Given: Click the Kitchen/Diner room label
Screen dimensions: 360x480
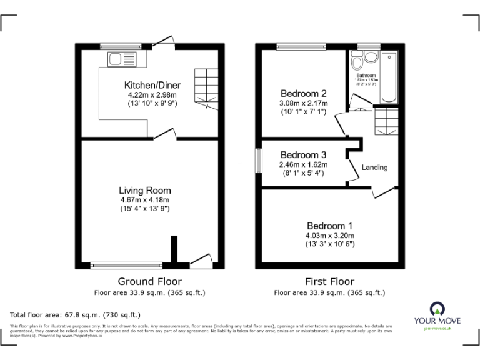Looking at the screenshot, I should point(152,84).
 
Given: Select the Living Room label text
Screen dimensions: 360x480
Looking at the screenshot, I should point(145,191).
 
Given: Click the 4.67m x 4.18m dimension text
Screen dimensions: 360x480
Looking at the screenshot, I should point(145,200).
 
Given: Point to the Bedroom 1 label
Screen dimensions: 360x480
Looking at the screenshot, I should point(329,226).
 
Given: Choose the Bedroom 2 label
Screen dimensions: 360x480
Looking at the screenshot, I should point(303,93).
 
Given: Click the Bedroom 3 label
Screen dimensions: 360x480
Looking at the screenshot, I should point(303,155).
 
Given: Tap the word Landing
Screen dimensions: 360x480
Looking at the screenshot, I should point(374,167).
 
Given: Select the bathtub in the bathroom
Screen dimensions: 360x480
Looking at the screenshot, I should point(389,77).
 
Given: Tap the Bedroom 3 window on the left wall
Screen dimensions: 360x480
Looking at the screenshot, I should point(258,160).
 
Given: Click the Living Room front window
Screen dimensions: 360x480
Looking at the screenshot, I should point(127,264).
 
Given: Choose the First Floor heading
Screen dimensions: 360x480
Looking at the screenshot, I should point(329,282).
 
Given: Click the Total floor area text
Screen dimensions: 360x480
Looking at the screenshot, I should point(76,315).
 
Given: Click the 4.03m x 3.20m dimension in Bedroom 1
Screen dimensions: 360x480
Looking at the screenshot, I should point(329,236).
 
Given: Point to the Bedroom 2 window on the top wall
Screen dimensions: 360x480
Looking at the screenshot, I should point(302,46).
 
